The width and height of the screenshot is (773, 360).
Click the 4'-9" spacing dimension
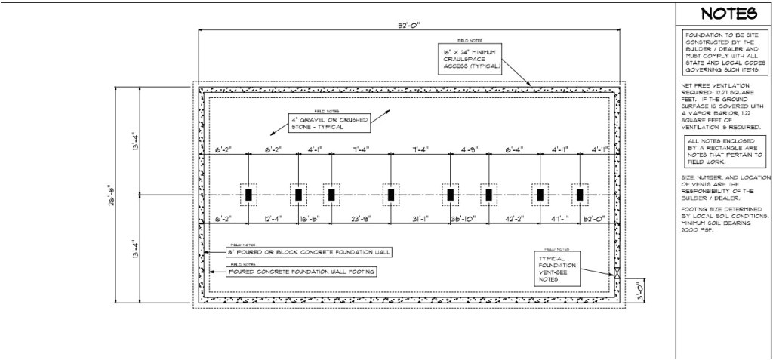tap(470, 149)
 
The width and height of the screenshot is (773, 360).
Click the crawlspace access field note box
tap(470, 57)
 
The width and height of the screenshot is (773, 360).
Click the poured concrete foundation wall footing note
tap(301, 271)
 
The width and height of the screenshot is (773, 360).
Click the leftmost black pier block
tap(248, 195)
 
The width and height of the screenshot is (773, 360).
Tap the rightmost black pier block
tap(580, 195)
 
